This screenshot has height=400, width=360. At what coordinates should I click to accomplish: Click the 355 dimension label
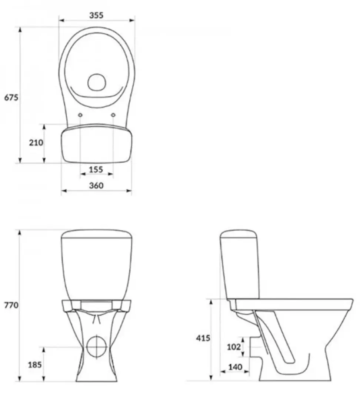coord(96,15)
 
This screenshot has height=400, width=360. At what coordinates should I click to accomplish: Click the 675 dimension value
coord(11,98)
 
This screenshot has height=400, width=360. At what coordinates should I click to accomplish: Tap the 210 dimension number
coord(36,143)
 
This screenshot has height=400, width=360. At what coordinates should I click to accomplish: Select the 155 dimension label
coord(96,170)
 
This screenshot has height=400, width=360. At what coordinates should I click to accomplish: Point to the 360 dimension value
coord(96,186)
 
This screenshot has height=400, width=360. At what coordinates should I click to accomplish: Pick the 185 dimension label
coord(35,364)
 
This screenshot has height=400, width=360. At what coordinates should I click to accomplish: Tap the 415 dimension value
coord(203,338)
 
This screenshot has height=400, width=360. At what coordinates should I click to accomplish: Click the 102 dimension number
coord(233,347)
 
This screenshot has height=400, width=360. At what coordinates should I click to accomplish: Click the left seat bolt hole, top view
coord(80,116)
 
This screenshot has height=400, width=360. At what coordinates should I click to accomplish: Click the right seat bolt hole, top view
coord(113,116)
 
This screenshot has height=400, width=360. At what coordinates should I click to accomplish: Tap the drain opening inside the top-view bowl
coord(97,82)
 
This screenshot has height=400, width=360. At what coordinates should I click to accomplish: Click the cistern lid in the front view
coord(96,234)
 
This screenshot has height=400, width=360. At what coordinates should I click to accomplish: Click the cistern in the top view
coord(96,144)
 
